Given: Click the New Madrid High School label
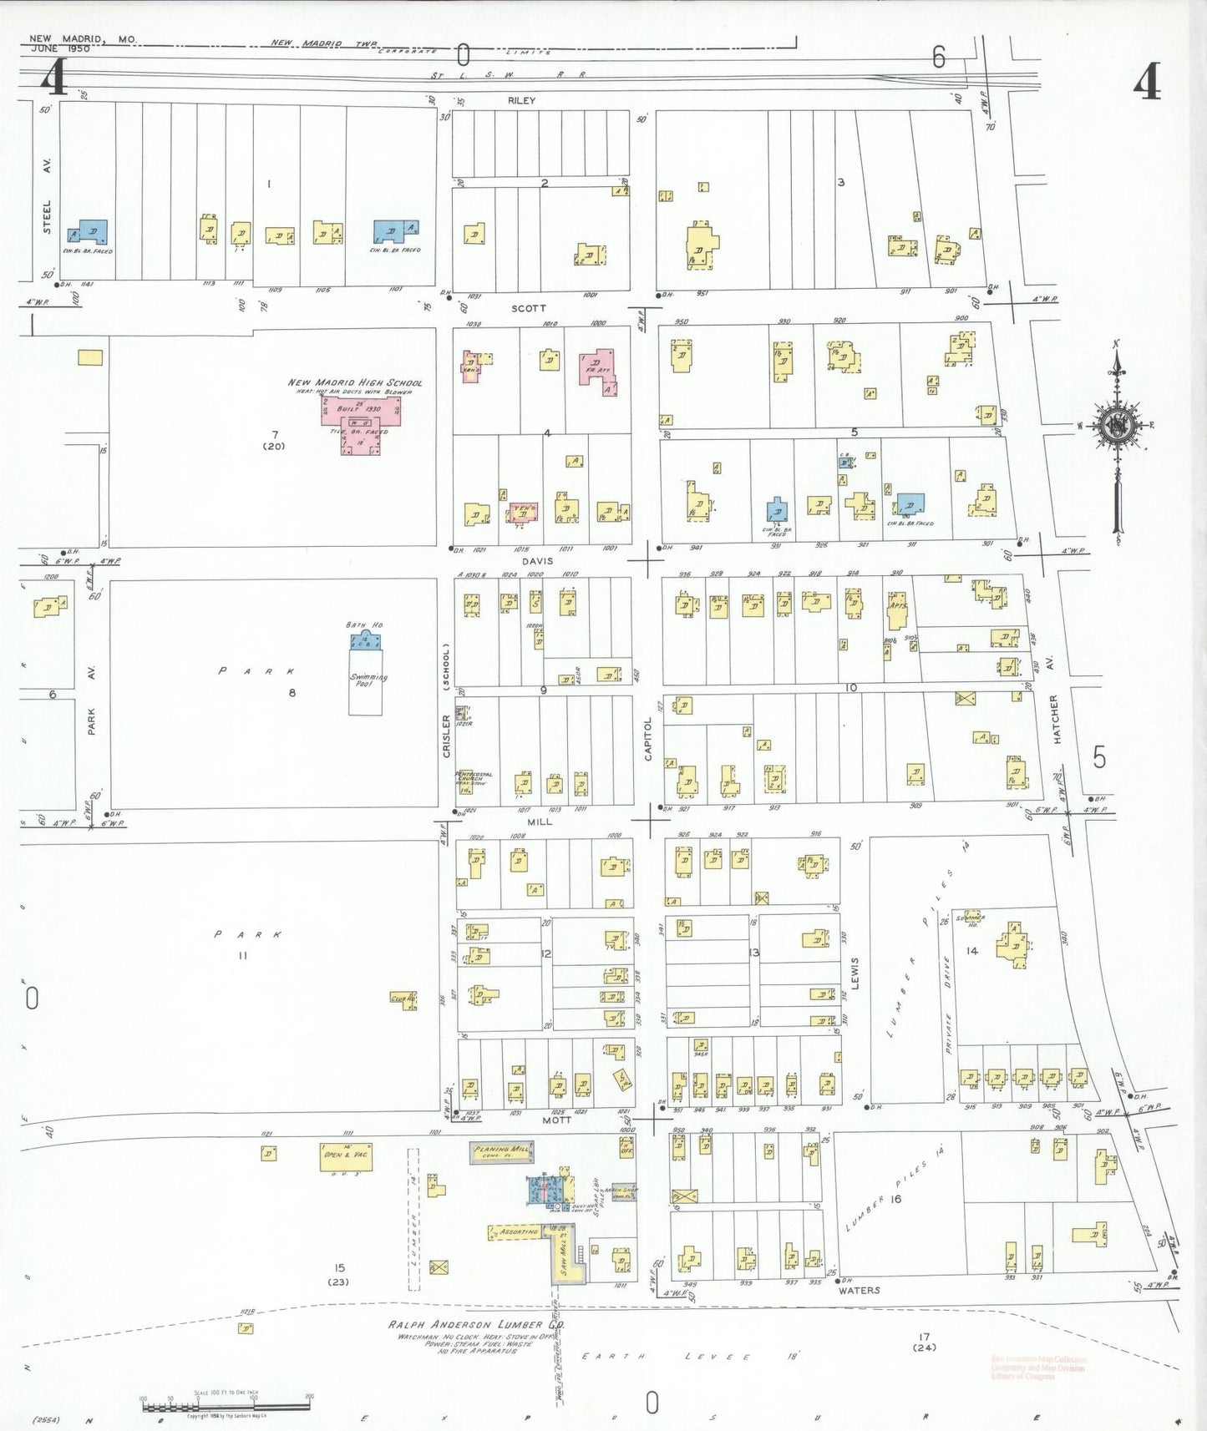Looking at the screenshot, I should tap(355, 382).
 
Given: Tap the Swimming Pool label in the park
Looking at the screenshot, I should tap(368, 680).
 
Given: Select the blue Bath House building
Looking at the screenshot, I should tap(365, 641).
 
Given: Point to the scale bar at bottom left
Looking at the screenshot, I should tap(226, 1407).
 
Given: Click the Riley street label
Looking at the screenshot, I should tap(521, 100).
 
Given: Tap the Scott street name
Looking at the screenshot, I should tap(528, 308).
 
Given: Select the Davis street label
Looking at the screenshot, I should tap(537, 561).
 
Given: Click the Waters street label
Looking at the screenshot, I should tap(859, 1290).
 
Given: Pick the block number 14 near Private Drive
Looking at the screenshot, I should tap(972, 951).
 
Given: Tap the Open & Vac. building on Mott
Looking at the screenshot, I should tap(346, 1156).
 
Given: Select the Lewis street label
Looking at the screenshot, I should tap(855, 973).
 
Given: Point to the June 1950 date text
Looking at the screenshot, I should tap(59, 48).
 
